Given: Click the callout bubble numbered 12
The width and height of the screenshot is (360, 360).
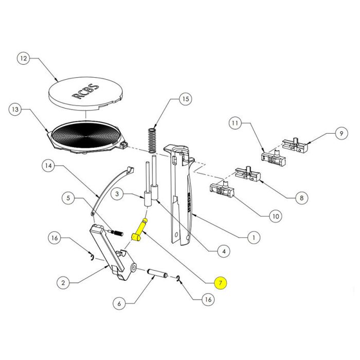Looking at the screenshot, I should coord(23,59).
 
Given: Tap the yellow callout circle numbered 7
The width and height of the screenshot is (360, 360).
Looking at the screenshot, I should coord(220,282).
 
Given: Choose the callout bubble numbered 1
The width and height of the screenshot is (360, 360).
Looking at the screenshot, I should coord(253,238).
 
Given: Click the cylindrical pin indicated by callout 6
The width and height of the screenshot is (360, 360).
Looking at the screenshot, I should coord(155,273).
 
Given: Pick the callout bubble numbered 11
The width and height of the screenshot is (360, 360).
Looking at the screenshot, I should coord(235,123).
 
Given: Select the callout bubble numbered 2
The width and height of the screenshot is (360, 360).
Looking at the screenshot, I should coord(62,282).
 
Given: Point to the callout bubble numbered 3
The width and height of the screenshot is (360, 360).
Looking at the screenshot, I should coord(117,194).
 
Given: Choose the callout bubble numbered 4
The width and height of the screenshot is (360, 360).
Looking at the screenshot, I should coord(222,251).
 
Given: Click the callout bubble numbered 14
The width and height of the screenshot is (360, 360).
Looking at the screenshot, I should coord(48,166).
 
